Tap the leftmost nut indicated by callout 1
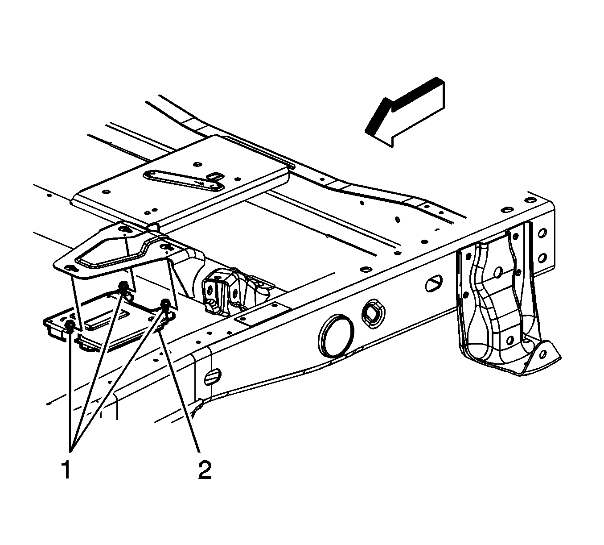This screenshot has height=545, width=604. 70,326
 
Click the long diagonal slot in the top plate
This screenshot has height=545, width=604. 184,181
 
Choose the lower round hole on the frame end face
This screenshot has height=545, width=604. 542,258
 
